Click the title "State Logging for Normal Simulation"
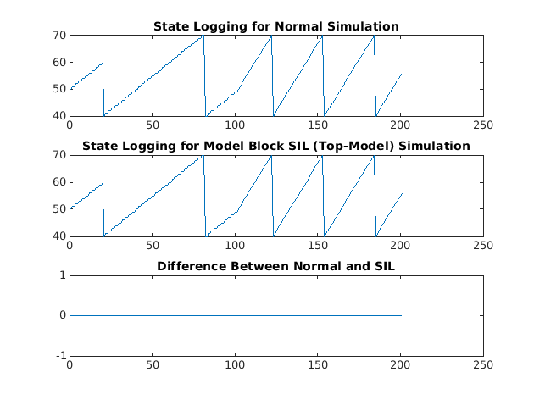pos(275,26)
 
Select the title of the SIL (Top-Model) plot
pos(275,146)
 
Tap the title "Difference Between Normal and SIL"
pos(275,267)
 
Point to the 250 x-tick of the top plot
pos(482,126)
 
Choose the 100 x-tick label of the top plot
pos(235,126)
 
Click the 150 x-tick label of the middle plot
pos(317,246)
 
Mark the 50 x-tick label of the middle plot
pos(152,246)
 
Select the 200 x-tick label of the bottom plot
pos(400,366)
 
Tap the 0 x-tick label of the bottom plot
pos(70,366)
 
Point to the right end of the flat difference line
pos(401,315)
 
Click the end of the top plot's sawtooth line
pos(401,74)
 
